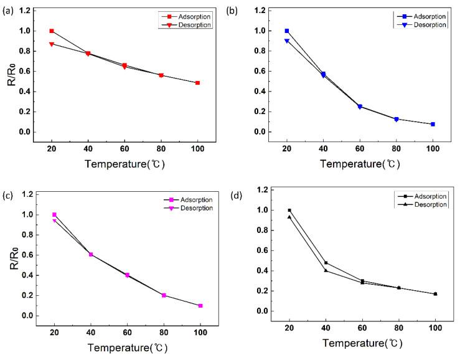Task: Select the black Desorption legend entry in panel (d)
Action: click(x=423, y=204)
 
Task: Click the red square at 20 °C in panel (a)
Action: click(x=52, y=31)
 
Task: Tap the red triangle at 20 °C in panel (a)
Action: click(x=52, y=44)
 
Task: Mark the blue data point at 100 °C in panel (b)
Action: click(x=433, y=124)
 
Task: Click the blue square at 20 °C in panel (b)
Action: click(x=287, y=31)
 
